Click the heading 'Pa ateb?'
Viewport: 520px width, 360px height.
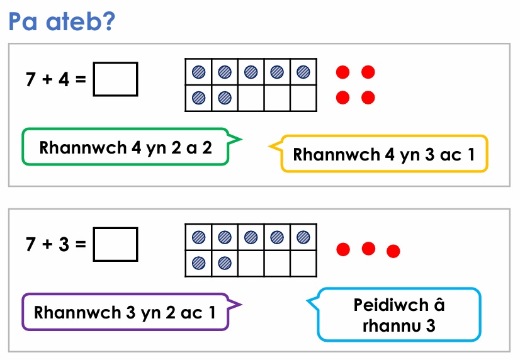(62, 21)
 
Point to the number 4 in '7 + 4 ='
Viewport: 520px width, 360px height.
(64, 79)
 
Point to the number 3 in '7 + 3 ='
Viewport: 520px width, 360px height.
(64, 244)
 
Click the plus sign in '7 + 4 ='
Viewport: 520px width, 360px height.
(47, 79)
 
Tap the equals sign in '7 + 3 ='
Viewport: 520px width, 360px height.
(81, 245)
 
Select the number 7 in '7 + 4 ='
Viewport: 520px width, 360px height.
(30, 79)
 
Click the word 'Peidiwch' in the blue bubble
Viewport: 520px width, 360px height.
(391, 305)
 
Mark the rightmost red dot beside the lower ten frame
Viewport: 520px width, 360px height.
(393, 251)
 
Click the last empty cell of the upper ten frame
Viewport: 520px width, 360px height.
(303, 98)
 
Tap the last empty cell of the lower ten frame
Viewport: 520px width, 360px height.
(303, 263)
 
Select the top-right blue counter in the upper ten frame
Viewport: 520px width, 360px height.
(303, 72)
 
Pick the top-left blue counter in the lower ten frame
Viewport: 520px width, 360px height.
(199, 237)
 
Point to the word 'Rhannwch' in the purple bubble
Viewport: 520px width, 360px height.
(77, 313)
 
